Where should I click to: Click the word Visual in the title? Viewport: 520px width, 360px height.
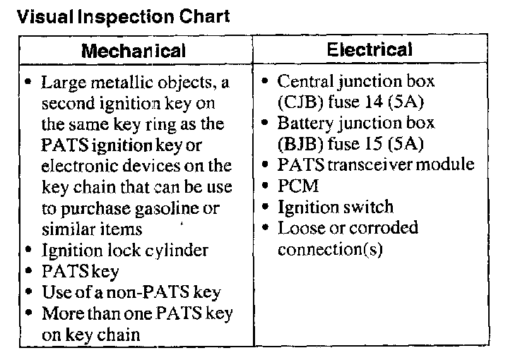coord(40,15)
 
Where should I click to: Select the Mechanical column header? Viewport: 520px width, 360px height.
coord(134,51)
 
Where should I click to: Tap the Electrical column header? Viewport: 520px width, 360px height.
coord(370,49)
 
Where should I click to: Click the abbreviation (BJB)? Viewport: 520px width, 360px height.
coord(300,145)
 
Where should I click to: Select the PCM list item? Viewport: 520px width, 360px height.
coord(298,187)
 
